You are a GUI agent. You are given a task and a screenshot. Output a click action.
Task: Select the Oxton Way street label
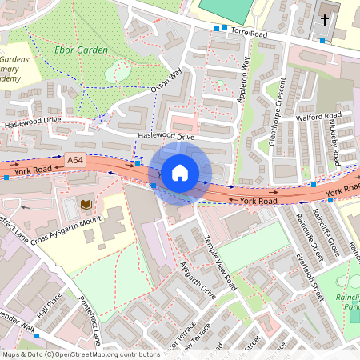pos(166,82)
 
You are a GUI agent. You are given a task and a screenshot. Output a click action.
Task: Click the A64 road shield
pos(75,161)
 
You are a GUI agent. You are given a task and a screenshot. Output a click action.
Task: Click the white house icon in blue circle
pos(180,173)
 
